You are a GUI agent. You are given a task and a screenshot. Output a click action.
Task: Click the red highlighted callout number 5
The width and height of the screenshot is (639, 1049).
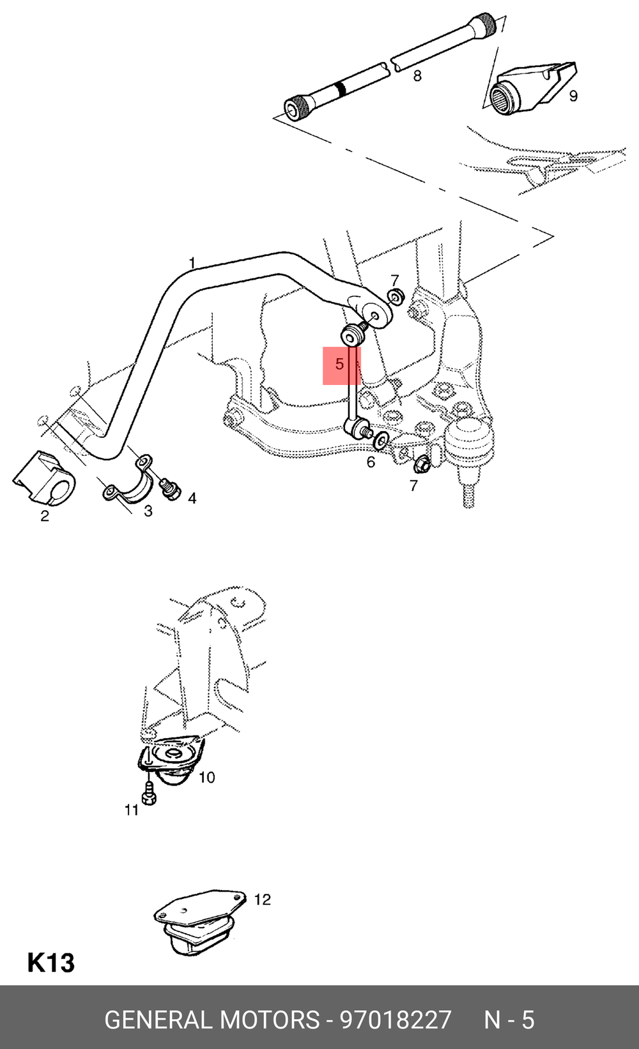[x=339, y=364]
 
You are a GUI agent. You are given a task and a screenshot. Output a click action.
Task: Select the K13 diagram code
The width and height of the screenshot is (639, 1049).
[x=51, y=963]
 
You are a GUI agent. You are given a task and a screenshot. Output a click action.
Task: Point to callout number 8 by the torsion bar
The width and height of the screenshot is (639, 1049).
[x=417, y=75]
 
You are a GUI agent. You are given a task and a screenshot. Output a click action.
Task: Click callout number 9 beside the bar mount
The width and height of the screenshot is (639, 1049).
[x=573, y=96]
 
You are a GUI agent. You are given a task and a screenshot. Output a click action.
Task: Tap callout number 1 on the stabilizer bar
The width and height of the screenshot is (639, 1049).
[x=192, y=263]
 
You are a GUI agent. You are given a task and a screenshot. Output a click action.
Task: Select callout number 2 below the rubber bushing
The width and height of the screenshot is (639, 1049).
[x=45, y=516]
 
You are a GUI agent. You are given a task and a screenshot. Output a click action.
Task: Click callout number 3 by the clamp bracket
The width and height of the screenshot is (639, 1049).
[x=148, y=510]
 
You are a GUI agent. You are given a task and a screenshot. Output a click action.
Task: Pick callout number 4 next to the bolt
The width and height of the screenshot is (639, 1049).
[x=192, y=498]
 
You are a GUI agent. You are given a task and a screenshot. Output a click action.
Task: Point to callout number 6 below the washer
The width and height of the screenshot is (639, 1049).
[x=371, y=462]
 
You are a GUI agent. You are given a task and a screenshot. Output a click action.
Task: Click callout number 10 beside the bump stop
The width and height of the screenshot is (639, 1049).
[x=207, y=778]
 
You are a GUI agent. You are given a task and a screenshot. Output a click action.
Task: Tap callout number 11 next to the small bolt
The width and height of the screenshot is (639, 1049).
[x=132, y=810]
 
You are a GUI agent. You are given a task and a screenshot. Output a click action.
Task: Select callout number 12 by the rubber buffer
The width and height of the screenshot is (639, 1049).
[x=262, y=900]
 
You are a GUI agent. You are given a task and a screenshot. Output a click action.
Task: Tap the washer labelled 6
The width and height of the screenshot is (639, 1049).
[x=380, y=439]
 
